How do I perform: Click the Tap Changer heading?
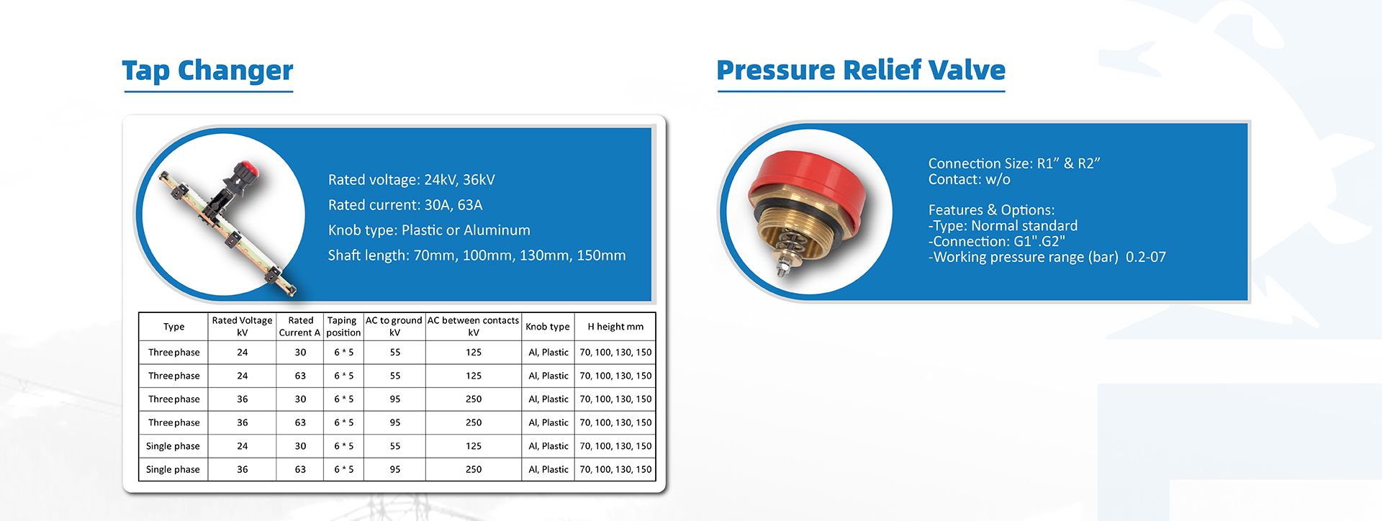point(207,71)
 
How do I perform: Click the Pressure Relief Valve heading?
point(861,70)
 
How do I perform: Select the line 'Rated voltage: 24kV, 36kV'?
point(411,180)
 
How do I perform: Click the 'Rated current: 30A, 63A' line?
point(405,205)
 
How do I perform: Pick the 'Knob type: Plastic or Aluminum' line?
point(429,230)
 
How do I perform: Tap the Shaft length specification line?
point(477,255)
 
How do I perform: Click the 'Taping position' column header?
point(343,326)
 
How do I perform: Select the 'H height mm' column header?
point(615,327)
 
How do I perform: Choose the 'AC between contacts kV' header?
point(473,326)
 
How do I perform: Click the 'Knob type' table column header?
point(547,327)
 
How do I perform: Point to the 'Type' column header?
point(173,327)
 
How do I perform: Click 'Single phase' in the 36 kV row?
point(173,469)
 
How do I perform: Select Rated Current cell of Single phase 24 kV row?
point(300,446)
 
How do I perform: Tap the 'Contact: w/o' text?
point(969,180)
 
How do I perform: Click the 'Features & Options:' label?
point(991,210)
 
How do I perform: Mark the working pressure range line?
point(1047,258)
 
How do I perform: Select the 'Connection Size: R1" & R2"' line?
point(1014,163)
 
